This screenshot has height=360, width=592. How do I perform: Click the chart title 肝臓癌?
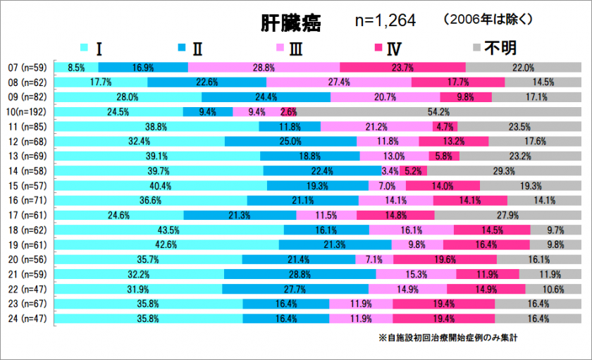[x=290, y=24]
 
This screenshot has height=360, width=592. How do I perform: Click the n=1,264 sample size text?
[x=385, y=21]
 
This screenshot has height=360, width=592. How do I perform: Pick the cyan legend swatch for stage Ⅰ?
[x=84, y=49]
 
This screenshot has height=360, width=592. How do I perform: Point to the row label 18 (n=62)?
[x=27, y=230]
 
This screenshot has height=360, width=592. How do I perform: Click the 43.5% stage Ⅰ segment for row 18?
[x=169, y=230]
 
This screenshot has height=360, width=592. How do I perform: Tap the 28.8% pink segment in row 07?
[x=264, y=68]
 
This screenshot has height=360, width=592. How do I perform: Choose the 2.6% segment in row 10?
[x=288, y=111]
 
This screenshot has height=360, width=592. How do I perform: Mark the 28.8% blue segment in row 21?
[x=300, y=274]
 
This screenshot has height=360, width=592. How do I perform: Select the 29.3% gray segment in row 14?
[x=503, y=170]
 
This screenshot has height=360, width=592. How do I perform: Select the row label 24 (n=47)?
[x=27, y=318]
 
